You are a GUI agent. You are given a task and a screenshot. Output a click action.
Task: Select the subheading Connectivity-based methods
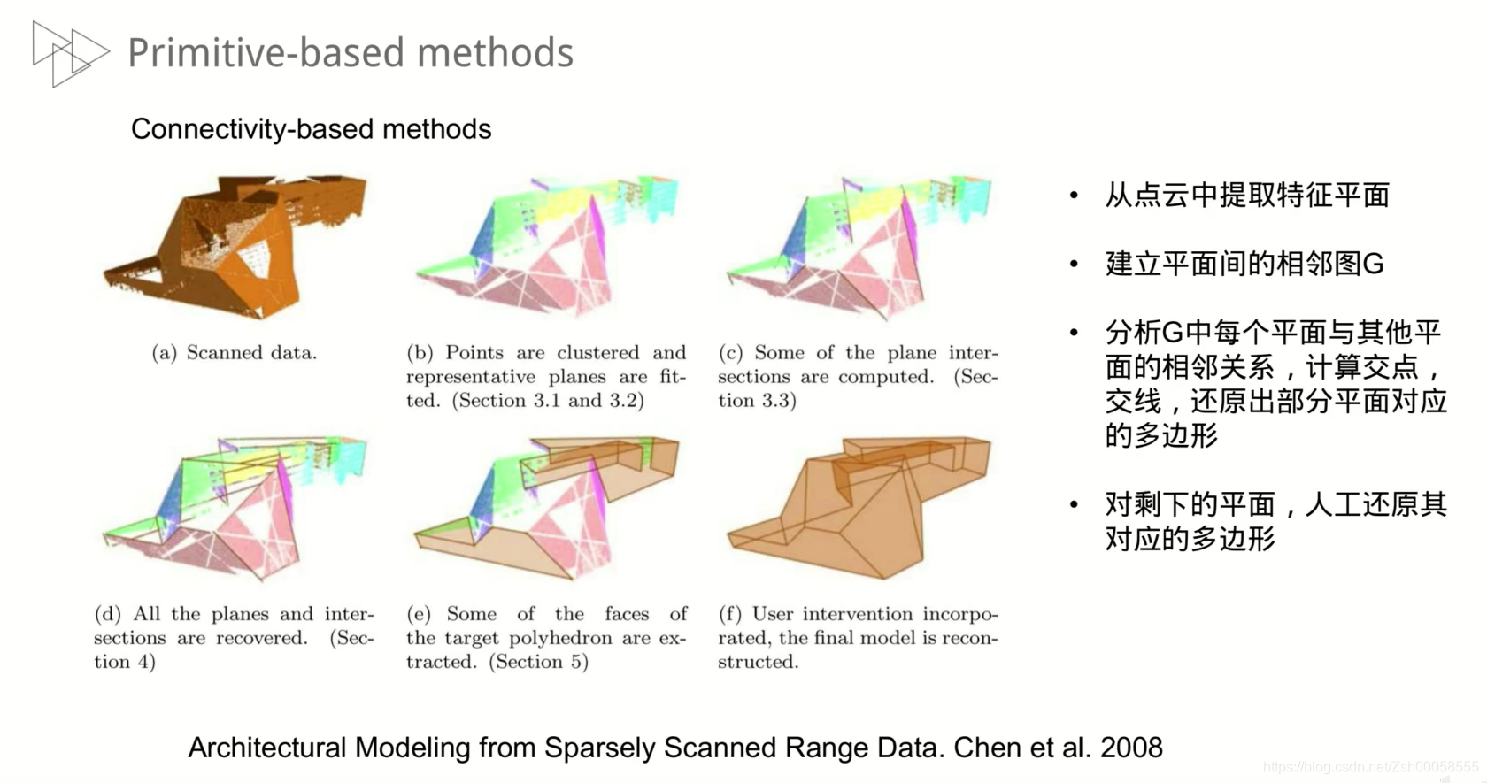(x=311, y=129)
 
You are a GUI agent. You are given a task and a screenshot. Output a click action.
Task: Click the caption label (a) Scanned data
(x=234, y=353)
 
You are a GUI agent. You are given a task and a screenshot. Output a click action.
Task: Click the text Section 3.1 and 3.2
(x=548, y=401)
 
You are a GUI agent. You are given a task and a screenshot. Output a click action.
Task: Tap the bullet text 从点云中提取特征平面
(x=1246, y=195)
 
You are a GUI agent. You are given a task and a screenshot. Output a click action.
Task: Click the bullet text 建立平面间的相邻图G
(x=1244, y=264)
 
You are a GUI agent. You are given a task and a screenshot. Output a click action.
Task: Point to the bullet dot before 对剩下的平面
(x=1074, y=505)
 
